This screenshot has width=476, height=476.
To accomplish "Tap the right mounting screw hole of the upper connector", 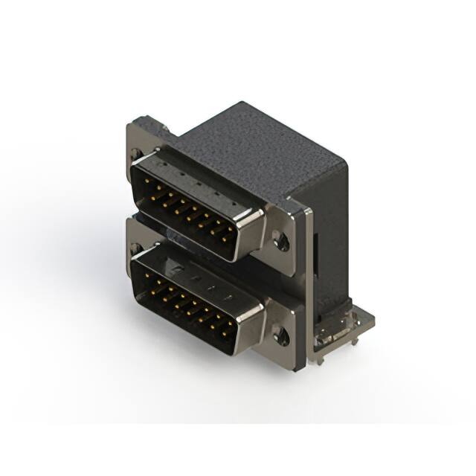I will [x=280, y=239].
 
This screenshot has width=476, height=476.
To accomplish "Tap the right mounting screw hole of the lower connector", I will [x=281, y=337].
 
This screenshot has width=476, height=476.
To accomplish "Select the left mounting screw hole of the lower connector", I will [x=135, y=245].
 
